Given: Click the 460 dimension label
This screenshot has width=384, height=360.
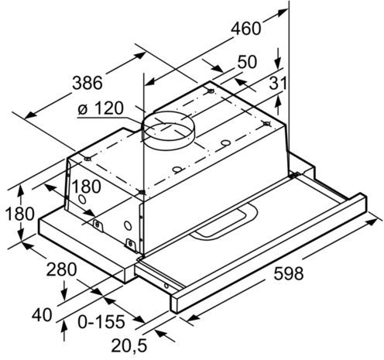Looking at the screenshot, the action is click(245, 29).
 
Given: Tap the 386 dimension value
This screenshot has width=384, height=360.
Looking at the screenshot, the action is click(87, 83).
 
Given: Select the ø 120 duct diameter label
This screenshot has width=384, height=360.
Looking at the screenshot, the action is click(101, 108).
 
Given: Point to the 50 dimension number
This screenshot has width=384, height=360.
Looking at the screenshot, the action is click(247, 62).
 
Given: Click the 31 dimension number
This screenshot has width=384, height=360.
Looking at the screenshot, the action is click(278, 84).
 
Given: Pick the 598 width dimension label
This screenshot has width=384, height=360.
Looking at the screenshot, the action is click(288, 273).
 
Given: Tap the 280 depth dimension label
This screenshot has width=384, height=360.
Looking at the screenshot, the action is click(61, 269).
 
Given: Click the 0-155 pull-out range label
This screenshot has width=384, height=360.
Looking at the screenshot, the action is click(101, 322).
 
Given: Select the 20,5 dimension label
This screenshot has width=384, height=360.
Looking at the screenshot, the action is click(129, 345).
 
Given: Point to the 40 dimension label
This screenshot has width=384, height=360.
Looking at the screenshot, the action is click(42, 315).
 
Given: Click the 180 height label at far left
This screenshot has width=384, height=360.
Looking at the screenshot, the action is click(19, 214).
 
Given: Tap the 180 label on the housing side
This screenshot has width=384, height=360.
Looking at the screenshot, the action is click(86, 187).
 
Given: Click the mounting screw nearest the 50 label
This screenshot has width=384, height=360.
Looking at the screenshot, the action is click(211, 91).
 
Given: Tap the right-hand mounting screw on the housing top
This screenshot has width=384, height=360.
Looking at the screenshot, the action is click(266, 124).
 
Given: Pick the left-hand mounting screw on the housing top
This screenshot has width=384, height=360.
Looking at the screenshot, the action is click(87, 159).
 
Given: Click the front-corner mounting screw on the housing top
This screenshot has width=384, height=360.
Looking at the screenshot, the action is click(142, 192).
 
